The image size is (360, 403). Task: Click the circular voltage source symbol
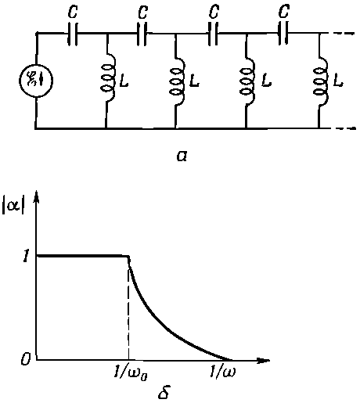pyautogui.click(x=37, y=81)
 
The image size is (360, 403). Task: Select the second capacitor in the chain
pyautogui.click(x=142, y=34)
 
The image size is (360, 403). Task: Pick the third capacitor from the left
pyautogui.click(x=213, y=34)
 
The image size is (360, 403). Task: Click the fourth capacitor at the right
pyautogui.click(x=283, y=34)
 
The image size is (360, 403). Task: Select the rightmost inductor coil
pyautogui.click(x=321, y=81)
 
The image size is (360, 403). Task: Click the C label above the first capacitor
pyautogui.click(x=73, y=11)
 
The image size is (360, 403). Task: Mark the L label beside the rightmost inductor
pyautogui.click(x=338, y=81)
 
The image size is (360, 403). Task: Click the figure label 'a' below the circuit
pyautogui.click(x=182, y=156)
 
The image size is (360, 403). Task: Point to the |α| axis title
pyautogui.click(x=13, y=207)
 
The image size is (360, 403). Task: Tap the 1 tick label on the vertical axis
pyautogui.click(x=26, y=257)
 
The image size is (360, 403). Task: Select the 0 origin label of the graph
pyautogui.click(x=26, y=361)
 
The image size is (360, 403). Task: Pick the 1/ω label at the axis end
pyautogui.click(x=222, y=372)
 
